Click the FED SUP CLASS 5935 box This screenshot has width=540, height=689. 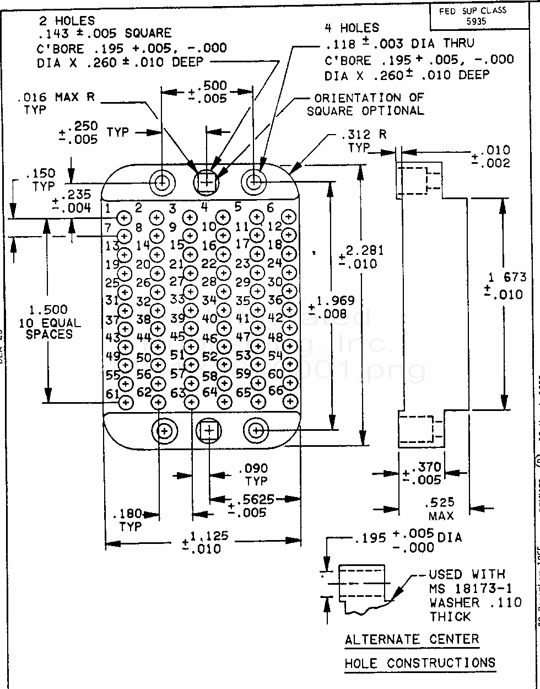point(472,15)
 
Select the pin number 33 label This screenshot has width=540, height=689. point(177,299)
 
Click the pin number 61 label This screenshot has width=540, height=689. point(112,394)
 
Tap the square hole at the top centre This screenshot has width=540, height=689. point(207,181)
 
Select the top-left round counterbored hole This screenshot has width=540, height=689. point(164,182)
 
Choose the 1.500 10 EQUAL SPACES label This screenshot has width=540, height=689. point(49,322)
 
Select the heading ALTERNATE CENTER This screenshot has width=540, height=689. point(412,640)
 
